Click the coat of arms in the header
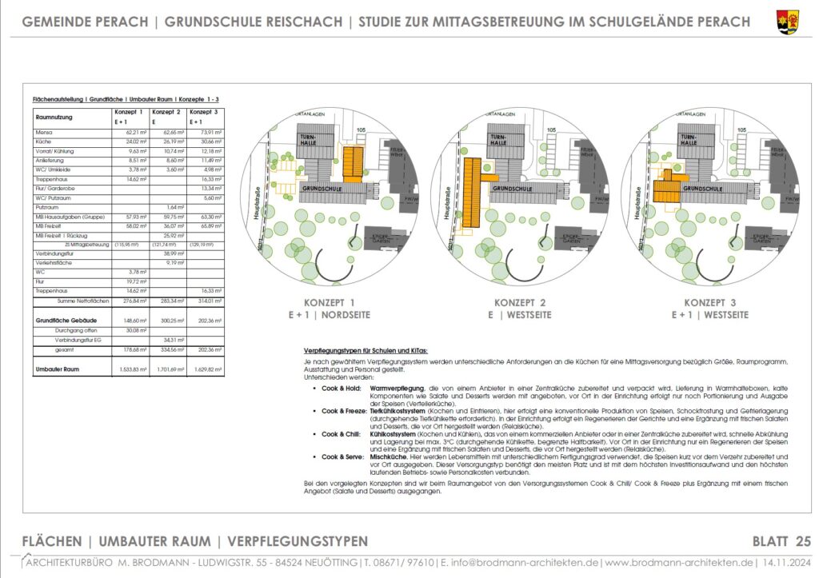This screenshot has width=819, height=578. (x=787, y=22)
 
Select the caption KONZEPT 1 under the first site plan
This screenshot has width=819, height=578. (x=329, y=303)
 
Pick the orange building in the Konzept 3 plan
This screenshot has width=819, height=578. (x=666, y=189)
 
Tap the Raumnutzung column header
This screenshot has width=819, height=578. (x=54, y=117)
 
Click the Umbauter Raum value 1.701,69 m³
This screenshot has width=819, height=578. (x=167, y=370)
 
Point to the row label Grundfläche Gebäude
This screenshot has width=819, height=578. (x=62, y=318)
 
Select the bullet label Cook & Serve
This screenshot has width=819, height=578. (x=342, y=456)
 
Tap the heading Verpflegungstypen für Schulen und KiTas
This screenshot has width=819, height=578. (x=366, y=351)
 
